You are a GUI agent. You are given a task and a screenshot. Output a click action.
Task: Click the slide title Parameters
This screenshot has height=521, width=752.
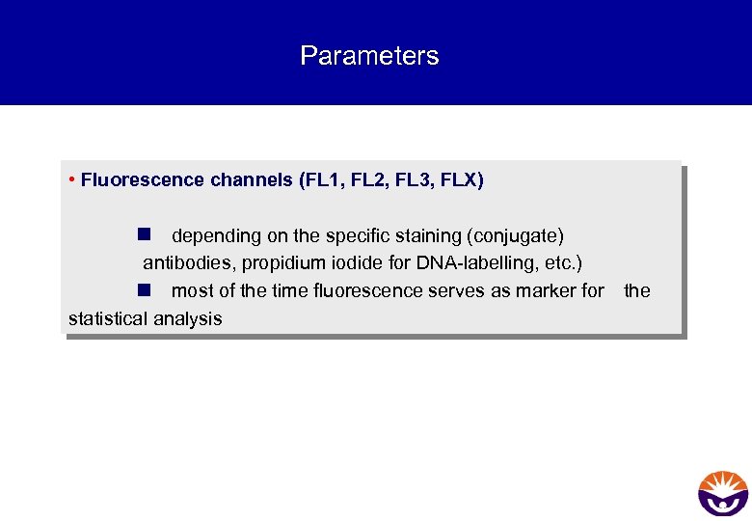coord(369,56)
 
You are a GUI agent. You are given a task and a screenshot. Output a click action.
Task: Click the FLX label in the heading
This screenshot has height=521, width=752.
coord(461,179)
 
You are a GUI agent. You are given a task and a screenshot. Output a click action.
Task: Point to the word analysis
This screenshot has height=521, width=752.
coord(187,318)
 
